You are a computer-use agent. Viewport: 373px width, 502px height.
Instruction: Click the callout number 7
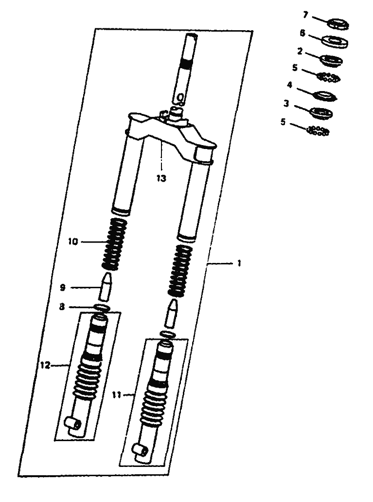click(x=305, y=15)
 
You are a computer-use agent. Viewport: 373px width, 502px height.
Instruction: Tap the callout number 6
click(x=302, y=33)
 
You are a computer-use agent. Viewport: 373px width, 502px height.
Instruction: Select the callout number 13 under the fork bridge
click(x=161, y=178)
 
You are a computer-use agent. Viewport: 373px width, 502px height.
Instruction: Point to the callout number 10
click(x=73, y=242)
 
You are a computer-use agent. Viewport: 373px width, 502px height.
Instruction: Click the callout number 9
click(x=63, y=287)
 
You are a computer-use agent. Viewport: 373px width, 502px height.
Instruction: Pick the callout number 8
click(x=62, y=307)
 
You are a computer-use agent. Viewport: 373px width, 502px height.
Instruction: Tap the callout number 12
click(x=45, y=365)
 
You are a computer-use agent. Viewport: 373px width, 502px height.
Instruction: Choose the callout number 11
click(x=117, y=395)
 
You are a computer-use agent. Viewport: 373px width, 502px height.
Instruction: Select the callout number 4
click(x=289, y=85)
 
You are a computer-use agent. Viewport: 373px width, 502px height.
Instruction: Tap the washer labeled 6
click(x=334, y=42)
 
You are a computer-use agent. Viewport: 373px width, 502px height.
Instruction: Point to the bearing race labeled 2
click(x=331, y=60)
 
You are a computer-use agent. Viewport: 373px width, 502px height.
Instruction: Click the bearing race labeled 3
click(x=321, y=113)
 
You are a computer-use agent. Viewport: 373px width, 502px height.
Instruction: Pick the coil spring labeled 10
click(x=114, y=243)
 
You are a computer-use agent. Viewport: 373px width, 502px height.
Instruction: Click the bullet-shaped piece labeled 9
click(x=105, y=287)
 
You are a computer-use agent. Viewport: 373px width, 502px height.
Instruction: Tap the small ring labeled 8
click(x=102, y=308)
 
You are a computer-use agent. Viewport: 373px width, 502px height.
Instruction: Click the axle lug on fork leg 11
click(x=140, y=452)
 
